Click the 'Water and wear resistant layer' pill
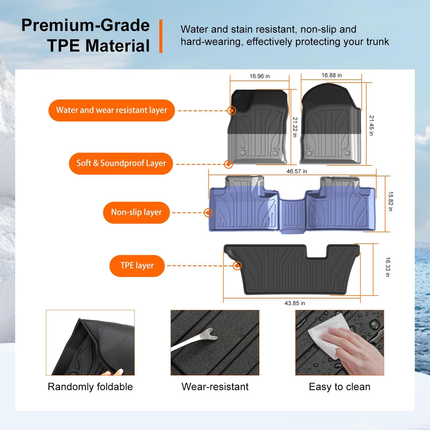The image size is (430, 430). point(112,110)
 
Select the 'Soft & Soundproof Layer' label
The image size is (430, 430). point(121,163)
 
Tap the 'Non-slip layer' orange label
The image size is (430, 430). point(136,212)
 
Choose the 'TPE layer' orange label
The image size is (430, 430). point(137,266)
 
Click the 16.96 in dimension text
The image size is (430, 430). point(259,76)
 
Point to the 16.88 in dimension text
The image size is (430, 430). point(331,75)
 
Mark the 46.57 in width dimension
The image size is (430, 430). point(297,171)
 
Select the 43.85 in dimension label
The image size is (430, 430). point(295,303)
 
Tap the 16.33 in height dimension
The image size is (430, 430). point(388,267)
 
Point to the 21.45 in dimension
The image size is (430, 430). point(372,126)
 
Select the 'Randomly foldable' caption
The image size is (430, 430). point(90,387)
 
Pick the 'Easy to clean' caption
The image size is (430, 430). point(339,387)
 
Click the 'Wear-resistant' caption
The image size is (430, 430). point(215,387)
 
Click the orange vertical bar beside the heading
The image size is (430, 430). point(161,36)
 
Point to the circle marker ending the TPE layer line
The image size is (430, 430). point(237,266)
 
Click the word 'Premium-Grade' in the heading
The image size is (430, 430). point(85,25)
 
